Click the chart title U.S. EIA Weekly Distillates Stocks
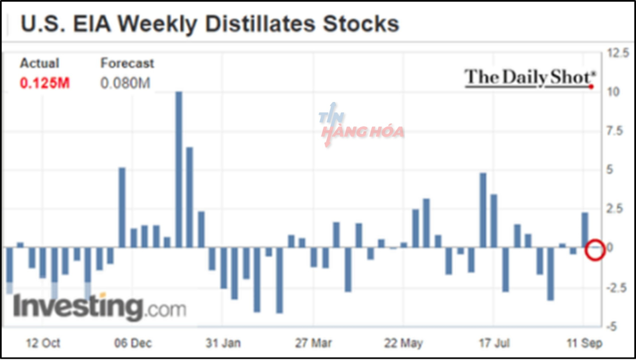pyautogui.click(x=209, y=24)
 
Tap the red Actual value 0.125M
pyautogui.click(x=45, y=83)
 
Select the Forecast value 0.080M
pyautogui.click(x=125, y=83)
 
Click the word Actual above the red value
pyautogui.click(x=40, y=63)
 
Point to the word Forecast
pyautogui.click(x=127, y=63)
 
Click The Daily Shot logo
pyautogui.click(x=529, y=78)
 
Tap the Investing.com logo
pyautogui.click(x=99, y=307)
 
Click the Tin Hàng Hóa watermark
pyautogui.click(x=361, y=126)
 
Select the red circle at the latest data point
pyautogui.click(x=595, y=250)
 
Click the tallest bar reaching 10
pyautogui.click(x=179, y=169)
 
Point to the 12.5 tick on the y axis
pyautogui.click(x=617, y=53)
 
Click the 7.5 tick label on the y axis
pyautogui.click(x=614, y=131)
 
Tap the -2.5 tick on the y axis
pyautogui.click(x=616, y=287)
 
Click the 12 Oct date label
pyautogui.click(x=43, y=343)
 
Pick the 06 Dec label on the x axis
pyautogui.click(x=133, y=343)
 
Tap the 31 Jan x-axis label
pyautogui.click(x=223, y=343)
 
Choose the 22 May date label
pyautogui.click(x=403, y=343)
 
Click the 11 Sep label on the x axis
pyautogui.click(x=584, y=343)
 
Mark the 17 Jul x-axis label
pyautogui.click(x=494, y=343)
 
